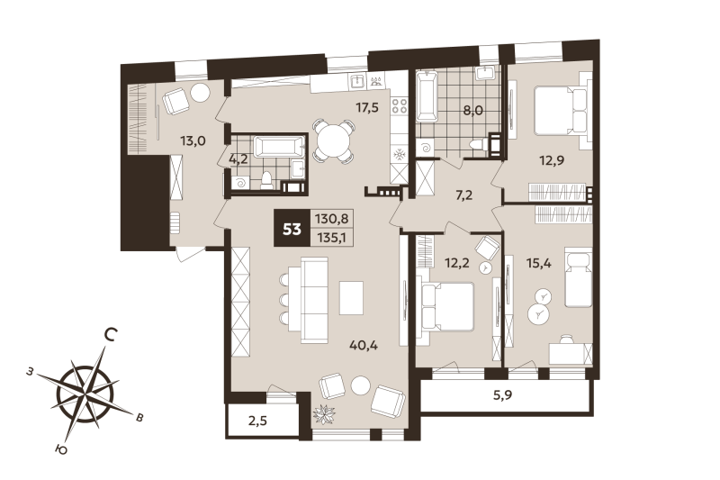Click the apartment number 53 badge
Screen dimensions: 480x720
pyautogui.click(x=292, y=229)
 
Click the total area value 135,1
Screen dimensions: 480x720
pyautogui.click(x=334, y=239)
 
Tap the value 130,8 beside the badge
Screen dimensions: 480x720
pyautogui.click(x=334, y=218)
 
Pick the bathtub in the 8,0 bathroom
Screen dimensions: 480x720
pyautogui.click(x=427, y=97)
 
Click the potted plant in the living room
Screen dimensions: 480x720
pyautogui.click(x=323, y=415)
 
